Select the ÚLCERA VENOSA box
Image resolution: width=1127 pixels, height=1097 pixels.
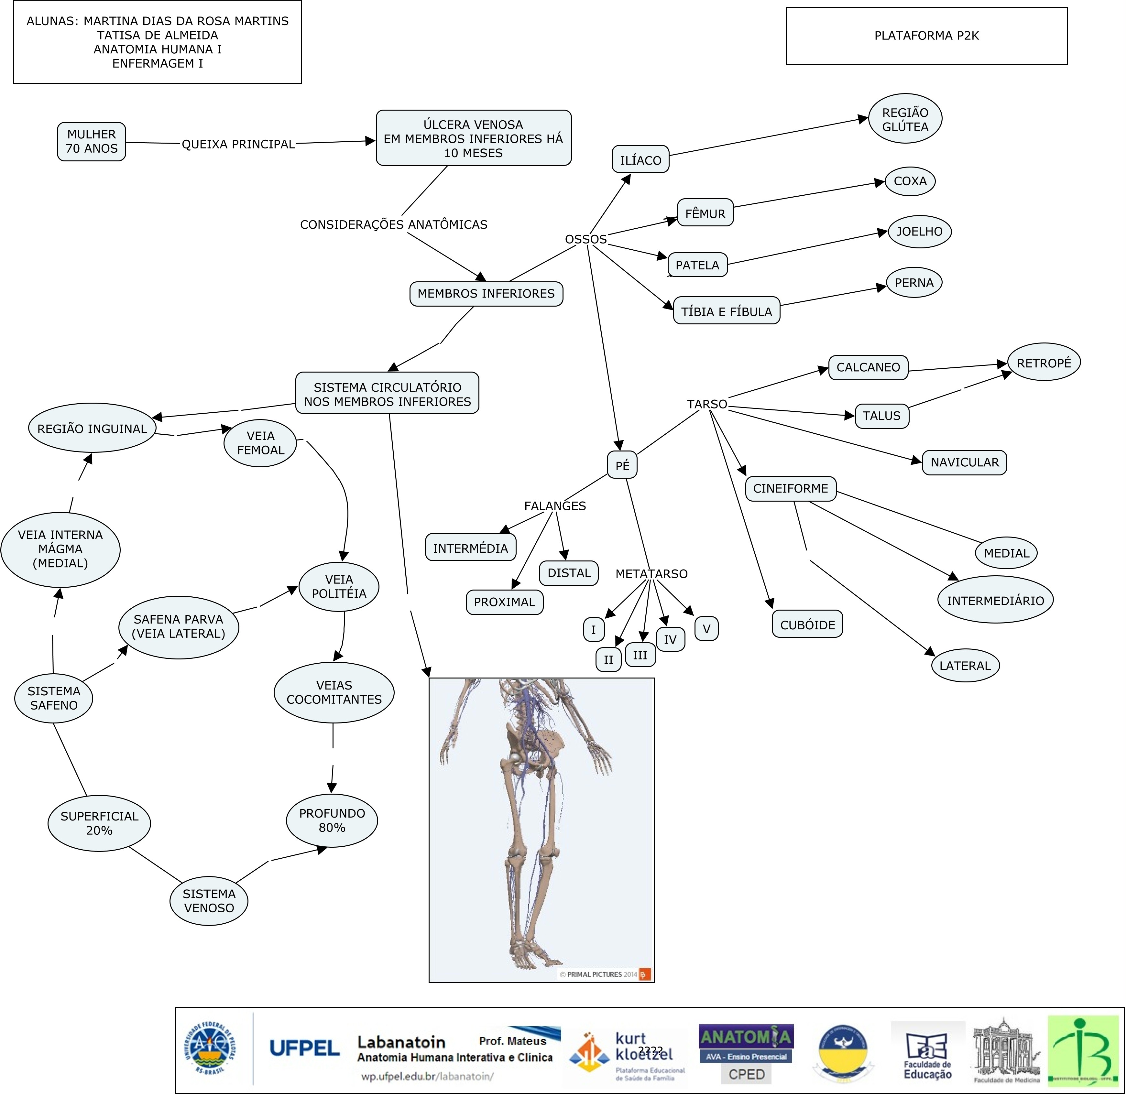click(474, 138)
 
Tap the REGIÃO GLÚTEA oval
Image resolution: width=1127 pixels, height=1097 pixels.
click(905, 119)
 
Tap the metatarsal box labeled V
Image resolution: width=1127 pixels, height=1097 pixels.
click(706, 629)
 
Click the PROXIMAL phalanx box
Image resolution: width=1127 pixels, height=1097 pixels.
click(504, 602)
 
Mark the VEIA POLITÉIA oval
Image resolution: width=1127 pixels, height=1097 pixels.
click(339, 587)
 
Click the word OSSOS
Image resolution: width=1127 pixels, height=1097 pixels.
click(585, 239)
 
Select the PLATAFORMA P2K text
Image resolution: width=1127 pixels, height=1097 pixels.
click(926, 36)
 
